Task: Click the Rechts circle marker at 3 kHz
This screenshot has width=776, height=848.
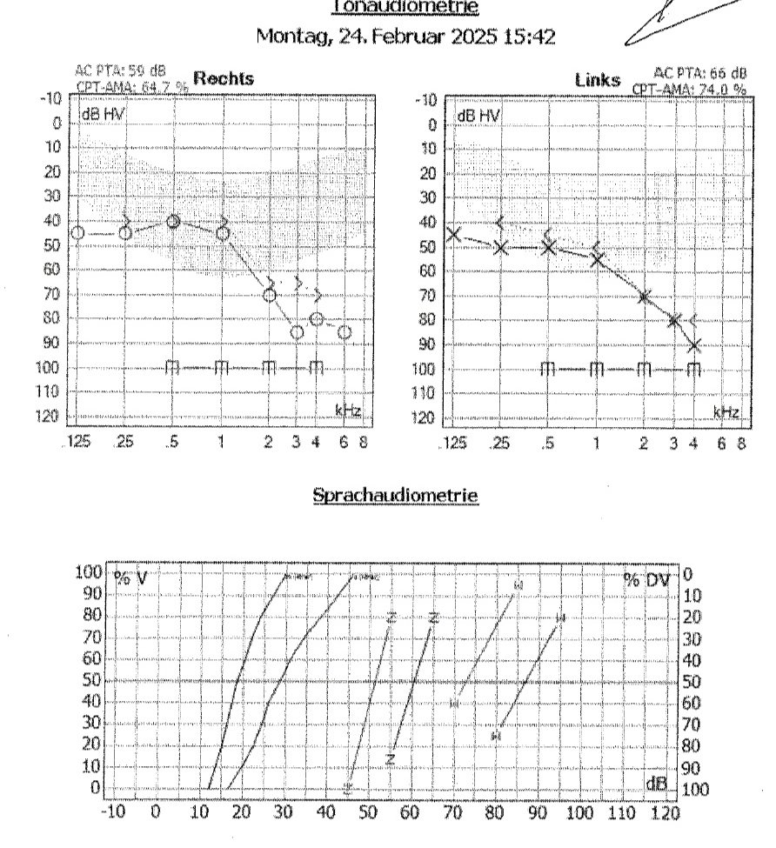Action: [x=298, y=332]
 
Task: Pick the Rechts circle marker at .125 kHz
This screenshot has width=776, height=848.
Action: [x=77, y=233]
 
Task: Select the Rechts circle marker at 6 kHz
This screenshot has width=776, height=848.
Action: [x=345, y=332]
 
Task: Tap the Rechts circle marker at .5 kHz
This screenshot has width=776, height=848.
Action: [x=173, y=222]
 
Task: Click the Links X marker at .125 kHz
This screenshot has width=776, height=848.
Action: [x=453, y=234]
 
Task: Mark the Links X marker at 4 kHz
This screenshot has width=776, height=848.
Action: [x=694, y=345]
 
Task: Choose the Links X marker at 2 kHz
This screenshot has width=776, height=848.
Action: [x=645, y=297]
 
